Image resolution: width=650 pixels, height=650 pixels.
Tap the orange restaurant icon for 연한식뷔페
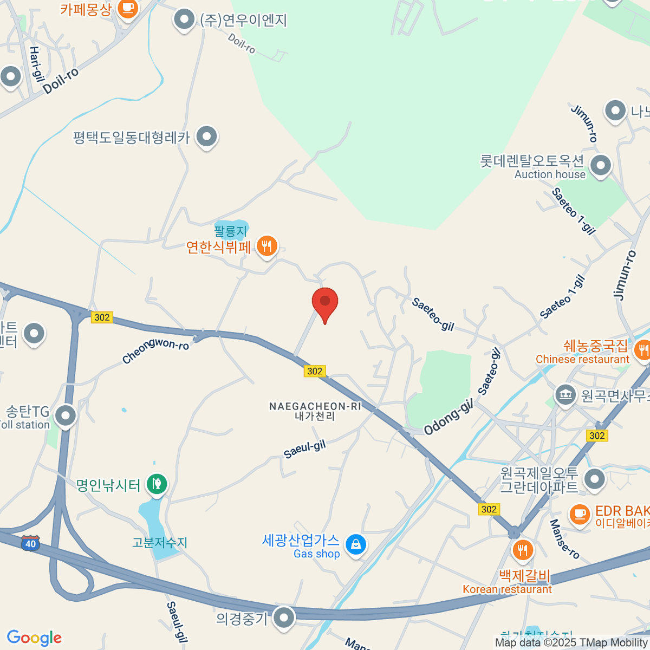[266, 246]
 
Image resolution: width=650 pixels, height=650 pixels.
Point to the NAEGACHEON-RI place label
[315, 406]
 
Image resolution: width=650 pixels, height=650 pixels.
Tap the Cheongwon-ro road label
[155, 351]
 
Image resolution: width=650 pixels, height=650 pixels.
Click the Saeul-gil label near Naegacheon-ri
[305, 448]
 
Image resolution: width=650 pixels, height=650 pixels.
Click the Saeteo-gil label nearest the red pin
[432, 314]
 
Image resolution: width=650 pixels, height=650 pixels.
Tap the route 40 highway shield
[30, 543]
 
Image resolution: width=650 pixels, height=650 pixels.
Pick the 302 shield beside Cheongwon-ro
[102, 317]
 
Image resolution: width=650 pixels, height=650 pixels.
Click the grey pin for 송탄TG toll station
[66, 416]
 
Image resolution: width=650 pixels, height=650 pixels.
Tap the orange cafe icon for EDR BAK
[579, 513]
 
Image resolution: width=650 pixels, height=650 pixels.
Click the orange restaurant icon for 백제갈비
[522, 550]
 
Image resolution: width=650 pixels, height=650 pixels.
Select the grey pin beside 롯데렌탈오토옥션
[600, 165]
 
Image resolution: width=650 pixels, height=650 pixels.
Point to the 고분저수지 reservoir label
[160, 542]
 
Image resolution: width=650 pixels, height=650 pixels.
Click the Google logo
[34, 638]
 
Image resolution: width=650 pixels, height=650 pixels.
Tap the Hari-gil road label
[36, 64]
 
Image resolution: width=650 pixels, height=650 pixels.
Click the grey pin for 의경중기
[283, 617]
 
